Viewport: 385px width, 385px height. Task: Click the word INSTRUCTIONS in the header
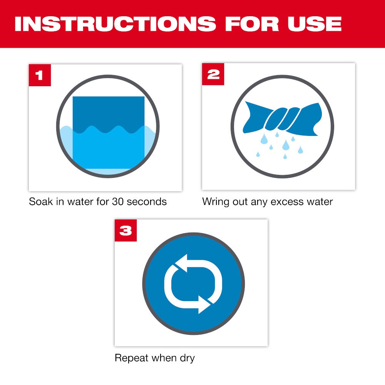pos(115,24)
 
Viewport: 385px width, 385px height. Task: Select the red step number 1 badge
pos(40,75)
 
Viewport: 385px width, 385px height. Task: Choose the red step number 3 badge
pos(126,230)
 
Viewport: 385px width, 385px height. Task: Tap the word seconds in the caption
pos(148,202)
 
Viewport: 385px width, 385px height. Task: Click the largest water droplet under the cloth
pos(286,145)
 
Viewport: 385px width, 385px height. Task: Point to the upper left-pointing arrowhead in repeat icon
pos(179,263)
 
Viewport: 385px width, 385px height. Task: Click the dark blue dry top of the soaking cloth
pos(109,112)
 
